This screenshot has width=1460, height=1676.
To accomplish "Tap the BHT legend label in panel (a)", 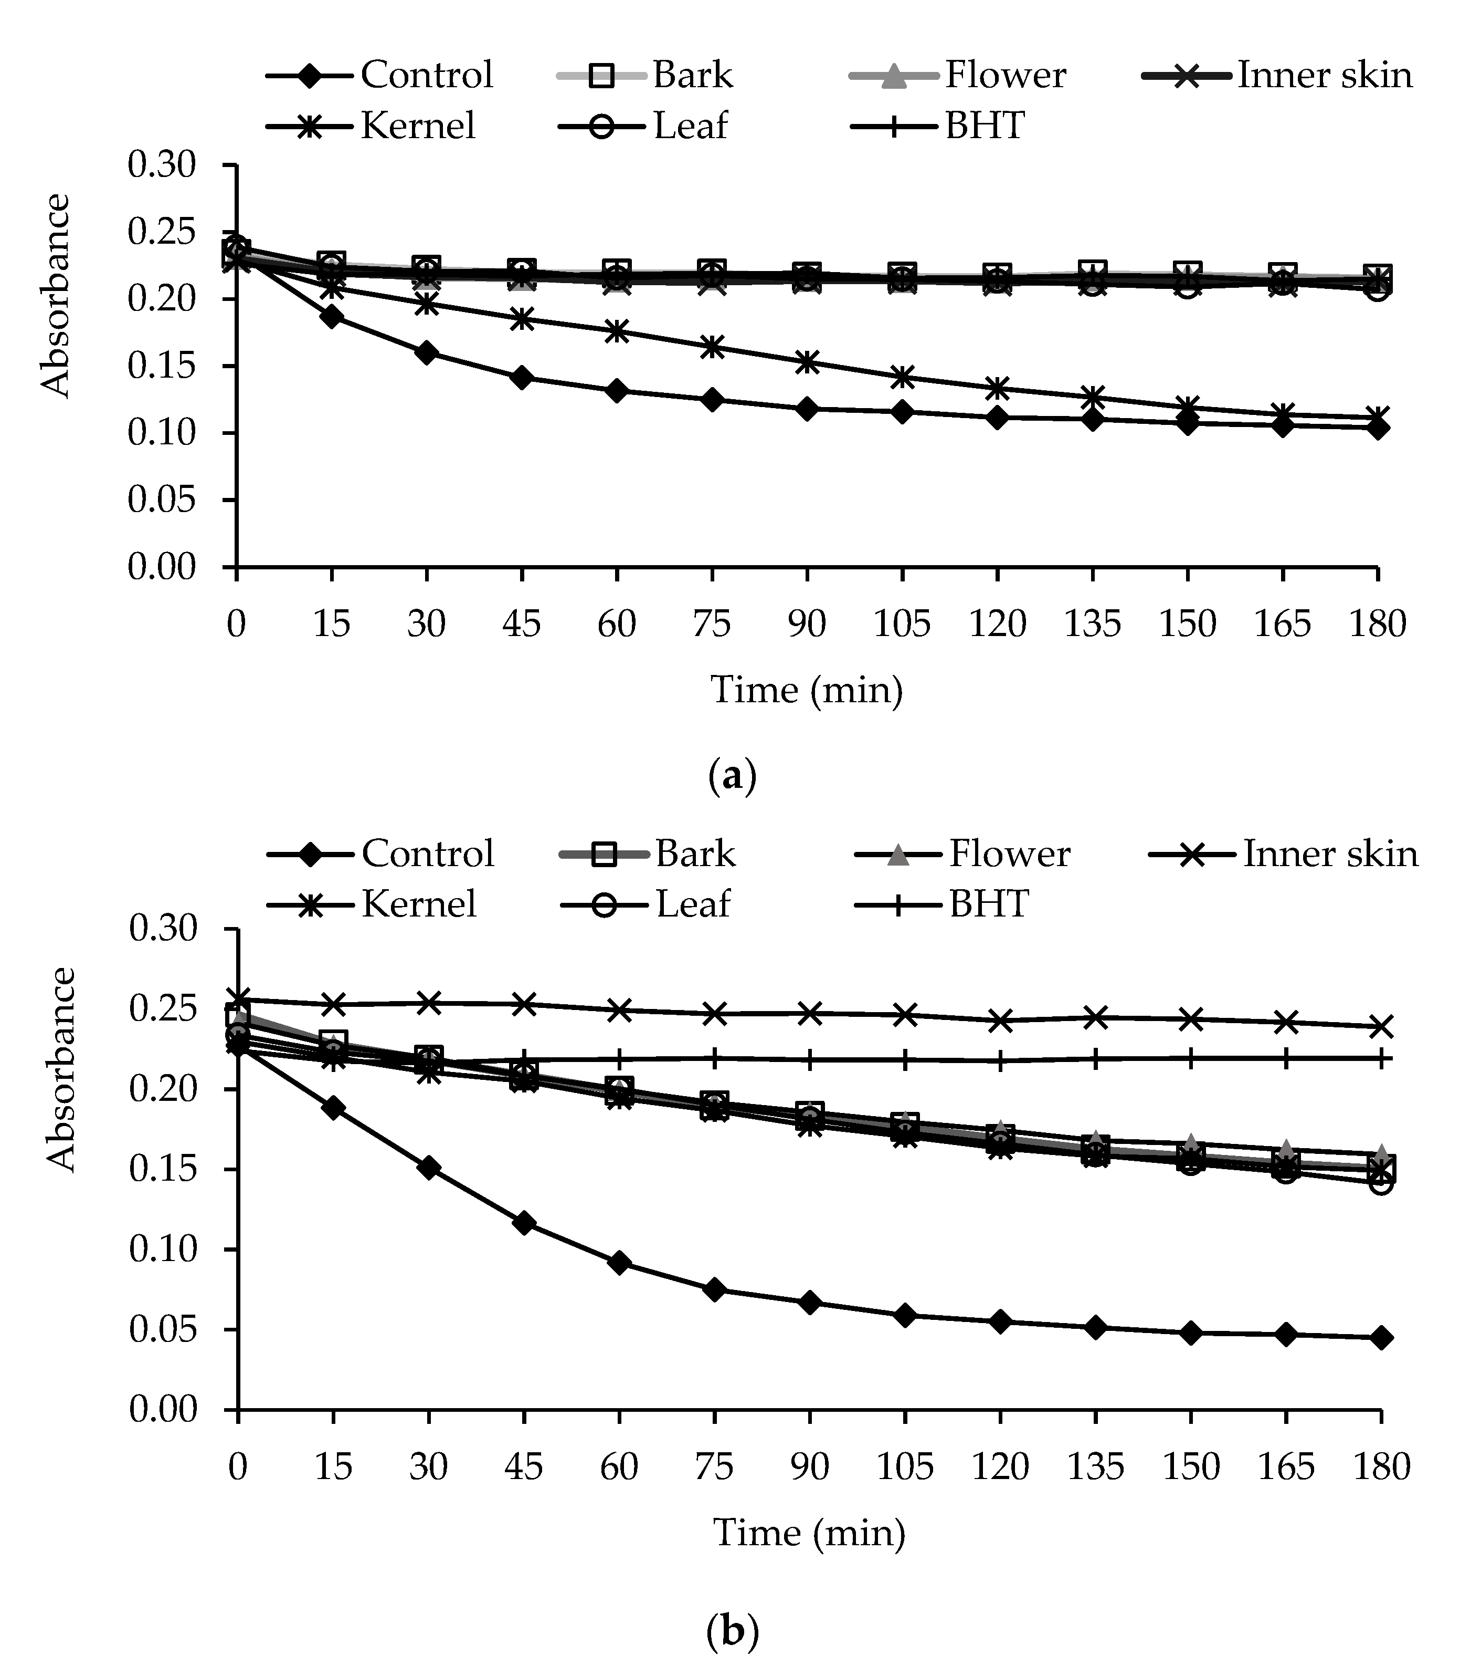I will pos(984,126).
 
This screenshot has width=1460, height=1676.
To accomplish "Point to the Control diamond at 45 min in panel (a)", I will pos(522,378).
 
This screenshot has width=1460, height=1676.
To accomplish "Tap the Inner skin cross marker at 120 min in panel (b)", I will pos(1000,1021).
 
